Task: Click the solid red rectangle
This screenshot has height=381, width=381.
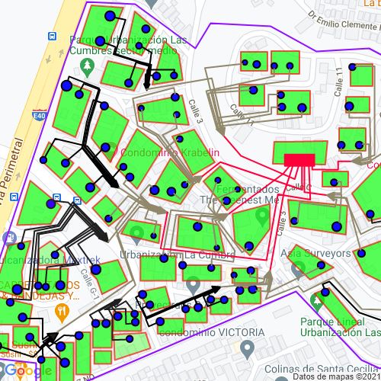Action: click(x=299, y=159)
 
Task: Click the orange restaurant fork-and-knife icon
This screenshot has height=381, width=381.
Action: click(x=62, y=312)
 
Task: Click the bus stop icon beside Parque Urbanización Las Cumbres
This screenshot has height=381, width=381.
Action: click(x=52, y=37)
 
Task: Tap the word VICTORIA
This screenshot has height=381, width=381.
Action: click(x=229, y=332)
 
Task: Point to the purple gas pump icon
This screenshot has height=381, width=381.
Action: click(x=9, y=238)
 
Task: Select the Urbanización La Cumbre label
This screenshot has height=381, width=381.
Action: click(x=177, y=254)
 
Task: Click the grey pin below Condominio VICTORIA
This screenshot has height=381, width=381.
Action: click(x=246, y=350)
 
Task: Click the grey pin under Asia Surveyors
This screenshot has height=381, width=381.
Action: click(x=298, y=268)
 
